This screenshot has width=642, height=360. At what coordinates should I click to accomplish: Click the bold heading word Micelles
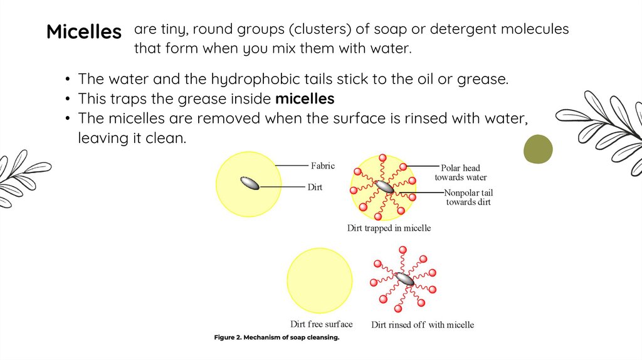(84, 32)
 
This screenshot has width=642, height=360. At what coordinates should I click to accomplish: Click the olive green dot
(538, 149)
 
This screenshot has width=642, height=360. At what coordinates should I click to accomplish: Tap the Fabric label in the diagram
(323, 166)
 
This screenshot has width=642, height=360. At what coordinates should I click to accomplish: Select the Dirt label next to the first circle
(315, 187)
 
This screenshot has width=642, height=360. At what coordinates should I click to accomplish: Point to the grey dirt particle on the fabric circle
(250, 183)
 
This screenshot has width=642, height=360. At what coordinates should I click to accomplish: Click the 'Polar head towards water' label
(461, 172)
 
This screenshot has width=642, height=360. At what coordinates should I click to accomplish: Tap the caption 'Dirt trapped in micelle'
(389, 228)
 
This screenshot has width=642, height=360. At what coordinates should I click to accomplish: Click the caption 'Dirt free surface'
(321, 324)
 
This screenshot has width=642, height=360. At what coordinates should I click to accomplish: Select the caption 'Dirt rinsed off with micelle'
(423, 325)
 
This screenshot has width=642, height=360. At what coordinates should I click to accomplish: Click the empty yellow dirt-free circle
(320, 280)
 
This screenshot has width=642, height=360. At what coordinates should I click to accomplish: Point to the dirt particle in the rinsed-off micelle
(404, 279)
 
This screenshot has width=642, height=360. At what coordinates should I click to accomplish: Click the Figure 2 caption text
(276, 338)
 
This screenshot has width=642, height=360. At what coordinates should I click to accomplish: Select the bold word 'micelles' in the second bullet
(305, 99)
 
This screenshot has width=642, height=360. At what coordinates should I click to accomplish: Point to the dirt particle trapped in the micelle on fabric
(384, 187)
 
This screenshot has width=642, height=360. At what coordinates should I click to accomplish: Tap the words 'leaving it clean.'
(132, 138)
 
